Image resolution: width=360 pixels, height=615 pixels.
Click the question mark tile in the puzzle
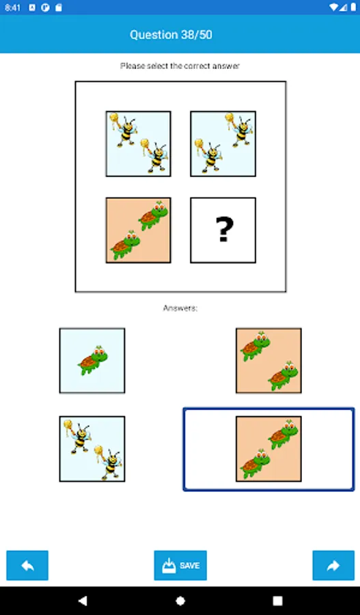click(223, 230)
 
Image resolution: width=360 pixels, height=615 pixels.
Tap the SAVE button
click(180, 565)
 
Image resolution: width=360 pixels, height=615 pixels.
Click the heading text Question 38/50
click(171, 35)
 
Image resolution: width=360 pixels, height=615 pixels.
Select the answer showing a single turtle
click(92, 360)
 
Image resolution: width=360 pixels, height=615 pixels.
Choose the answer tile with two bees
click(92, 449)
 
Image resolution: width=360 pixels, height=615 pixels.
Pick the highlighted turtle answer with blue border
click(268, 449)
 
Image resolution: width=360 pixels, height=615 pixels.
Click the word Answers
click(180, 308)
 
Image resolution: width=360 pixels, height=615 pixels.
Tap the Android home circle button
click(180, 601)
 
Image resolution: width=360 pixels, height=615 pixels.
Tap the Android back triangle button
click(83, 601)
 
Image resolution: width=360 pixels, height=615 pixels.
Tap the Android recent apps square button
click(277, 601)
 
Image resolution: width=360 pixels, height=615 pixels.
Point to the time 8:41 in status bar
click(12, 8)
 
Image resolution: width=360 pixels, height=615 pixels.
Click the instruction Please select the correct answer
click(180, 66)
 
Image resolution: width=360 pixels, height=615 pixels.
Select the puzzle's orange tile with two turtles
click(138, 230)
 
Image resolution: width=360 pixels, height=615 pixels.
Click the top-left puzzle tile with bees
click(138, 143)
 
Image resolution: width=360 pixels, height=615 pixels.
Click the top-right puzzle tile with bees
click(223, 143)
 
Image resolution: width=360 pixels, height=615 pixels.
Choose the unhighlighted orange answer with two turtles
click(268, 360)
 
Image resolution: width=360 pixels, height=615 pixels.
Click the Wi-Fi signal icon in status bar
click(334, 7)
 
